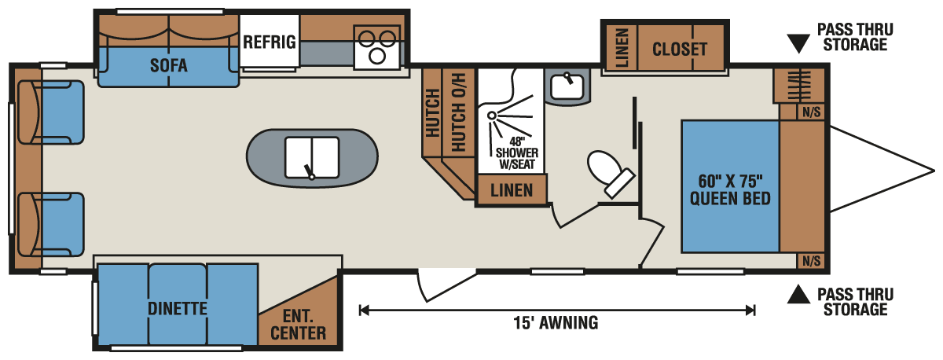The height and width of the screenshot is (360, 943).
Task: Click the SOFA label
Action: pyautogui.click(x=169, y=65)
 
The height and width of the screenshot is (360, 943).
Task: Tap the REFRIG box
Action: pyautogui.click(x=270, y=42)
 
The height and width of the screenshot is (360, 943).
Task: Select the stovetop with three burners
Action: pyautogui.click(x=377, y=46)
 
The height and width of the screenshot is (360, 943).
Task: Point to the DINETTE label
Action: pyautogui.click(x=177, y=308)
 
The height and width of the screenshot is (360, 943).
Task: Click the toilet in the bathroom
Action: pyautogui.click(x=608, y=170)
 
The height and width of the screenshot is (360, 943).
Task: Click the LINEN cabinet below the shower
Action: pyautogui.click(x=512, y=190)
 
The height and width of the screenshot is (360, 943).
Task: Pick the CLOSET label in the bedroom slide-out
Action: pyautogui.click(x=680, y=49)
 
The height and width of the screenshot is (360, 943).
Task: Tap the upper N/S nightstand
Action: pyautogui.click(x=811, y=112)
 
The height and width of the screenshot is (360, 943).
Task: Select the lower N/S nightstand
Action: pyautogui.click(x=811, y=261)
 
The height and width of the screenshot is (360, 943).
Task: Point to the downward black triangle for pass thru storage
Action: pyautogui.click(x=798, y=43)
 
